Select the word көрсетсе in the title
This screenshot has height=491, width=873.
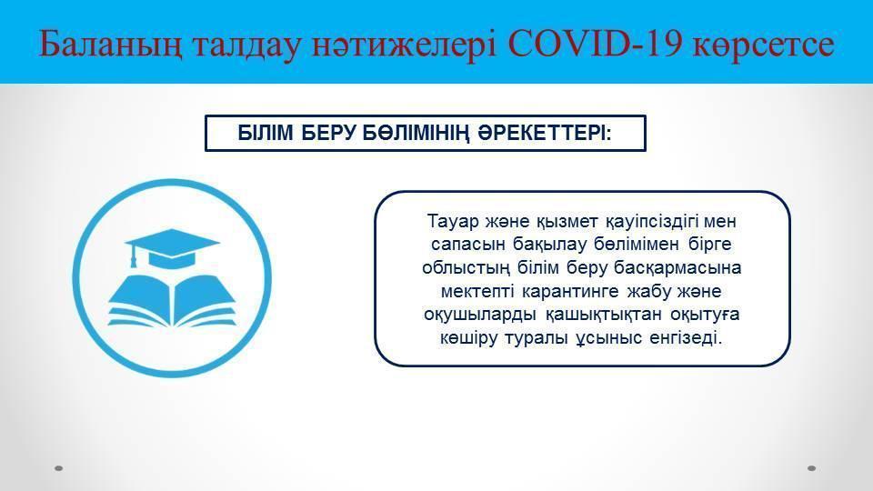763,45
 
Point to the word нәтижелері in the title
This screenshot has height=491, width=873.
404,45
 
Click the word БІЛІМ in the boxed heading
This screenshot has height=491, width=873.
266,133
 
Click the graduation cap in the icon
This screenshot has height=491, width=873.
172,247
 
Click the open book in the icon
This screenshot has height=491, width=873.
172,301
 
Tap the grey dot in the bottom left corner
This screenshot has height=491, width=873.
59,468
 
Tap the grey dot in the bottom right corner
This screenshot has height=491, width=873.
812,468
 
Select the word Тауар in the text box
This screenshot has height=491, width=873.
453,222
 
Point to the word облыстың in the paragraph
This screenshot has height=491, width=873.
466,268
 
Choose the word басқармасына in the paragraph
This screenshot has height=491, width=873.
677,268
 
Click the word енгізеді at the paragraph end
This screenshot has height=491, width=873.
686,338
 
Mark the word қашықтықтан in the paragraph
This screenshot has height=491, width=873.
604,316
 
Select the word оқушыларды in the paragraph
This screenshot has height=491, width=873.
480,316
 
